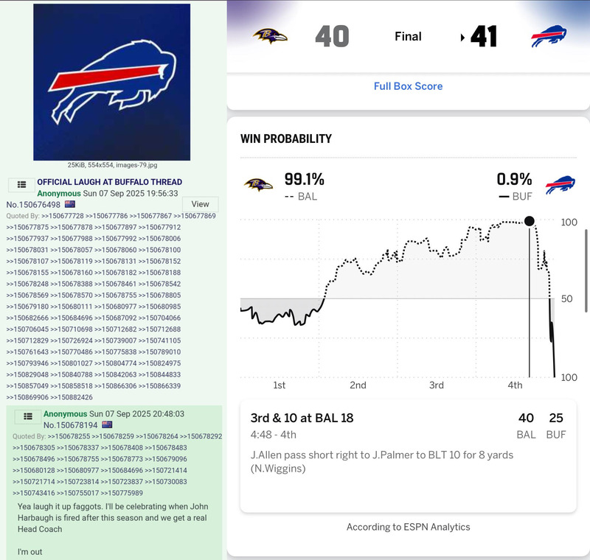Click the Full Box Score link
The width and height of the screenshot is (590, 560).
point(408,86)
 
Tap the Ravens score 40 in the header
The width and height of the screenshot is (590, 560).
point(332,36)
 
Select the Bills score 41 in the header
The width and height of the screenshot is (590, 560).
point(484,36)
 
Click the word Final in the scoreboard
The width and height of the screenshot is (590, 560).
point(408,36)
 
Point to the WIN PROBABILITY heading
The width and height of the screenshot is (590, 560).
point(286,139)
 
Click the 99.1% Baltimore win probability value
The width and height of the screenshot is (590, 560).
point(304,179)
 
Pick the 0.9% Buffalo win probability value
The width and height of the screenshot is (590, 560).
point(514,179)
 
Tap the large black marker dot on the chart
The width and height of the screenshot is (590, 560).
point(529,221)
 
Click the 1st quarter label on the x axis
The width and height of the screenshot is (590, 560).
point(279,385)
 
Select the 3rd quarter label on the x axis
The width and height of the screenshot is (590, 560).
point(437,385)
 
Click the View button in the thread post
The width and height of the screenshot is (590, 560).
point(200,204)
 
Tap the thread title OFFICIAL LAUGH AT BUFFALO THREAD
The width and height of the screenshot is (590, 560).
point(109,182)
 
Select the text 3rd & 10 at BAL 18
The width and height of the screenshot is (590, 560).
point(302,419)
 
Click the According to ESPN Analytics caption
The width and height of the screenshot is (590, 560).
point(408,527)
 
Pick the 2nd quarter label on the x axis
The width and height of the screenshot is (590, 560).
point(358,385)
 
